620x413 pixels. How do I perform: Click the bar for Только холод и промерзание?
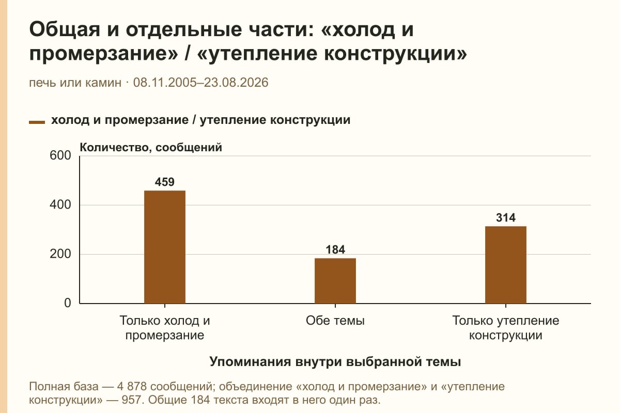click(x=165, y=247)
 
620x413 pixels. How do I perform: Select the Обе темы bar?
click(x=335, y=281)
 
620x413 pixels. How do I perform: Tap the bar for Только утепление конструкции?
click(x=506, y=265)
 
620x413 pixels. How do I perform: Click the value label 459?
click(x=165, y=182)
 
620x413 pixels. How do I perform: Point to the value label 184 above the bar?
click(x=335, y=249)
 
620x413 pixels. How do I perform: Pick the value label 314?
click(x=506, y=218)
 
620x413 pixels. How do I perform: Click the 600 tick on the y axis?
click(x=60, y=155)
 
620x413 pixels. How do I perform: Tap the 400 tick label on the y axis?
click(x=60, y=205)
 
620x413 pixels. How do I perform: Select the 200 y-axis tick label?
click(x=60, y=254)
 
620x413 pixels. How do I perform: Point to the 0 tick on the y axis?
click(x=68, y=303)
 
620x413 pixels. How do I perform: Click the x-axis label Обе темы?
click(x=335, y=321)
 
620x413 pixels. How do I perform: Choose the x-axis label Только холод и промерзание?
click(x=165, y=328)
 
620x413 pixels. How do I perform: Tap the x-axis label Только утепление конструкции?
click(x=506, y=328)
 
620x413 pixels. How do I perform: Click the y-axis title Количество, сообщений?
click(x=151, y=148)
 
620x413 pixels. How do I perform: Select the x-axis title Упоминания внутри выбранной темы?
click(x=335, y=361)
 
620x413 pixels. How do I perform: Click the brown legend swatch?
click(x=37, y=122)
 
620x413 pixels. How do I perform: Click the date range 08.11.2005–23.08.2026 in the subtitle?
click(x=200, y=83)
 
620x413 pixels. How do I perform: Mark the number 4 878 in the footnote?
click(x=132, y=387)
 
